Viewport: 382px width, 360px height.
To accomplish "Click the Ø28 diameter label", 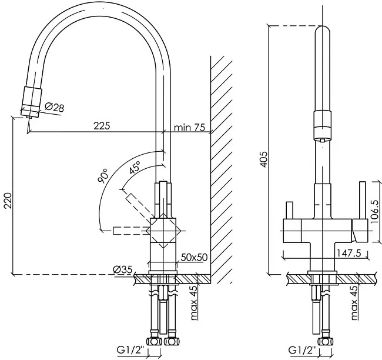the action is (x=54, y=107).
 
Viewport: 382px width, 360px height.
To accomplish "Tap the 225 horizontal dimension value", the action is (x=102, y=126).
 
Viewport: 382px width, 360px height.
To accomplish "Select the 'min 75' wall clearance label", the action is (x=190, y=127).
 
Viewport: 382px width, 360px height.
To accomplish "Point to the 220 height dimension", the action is (x=8, y=201).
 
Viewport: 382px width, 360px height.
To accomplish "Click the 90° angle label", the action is (x=103, y=176).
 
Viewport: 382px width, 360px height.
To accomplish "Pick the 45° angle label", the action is (x=135, y=167).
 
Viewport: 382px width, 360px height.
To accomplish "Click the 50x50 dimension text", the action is (x=194, y=257).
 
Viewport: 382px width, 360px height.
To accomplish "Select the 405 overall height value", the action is (x=264, y=159).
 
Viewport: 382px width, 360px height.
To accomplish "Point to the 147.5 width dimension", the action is (x=349, y=254).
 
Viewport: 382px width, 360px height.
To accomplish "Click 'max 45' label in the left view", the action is (x=194, y=303).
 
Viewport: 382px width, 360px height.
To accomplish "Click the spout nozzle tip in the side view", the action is (x=29, y=117).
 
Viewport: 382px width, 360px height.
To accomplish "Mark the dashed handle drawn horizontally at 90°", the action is (x=132, y=231).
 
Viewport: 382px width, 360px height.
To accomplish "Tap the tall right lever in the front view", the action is (x=363, y=200).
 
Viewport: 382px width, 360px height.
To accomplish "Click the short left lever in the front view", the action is (x=289, y=210).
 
